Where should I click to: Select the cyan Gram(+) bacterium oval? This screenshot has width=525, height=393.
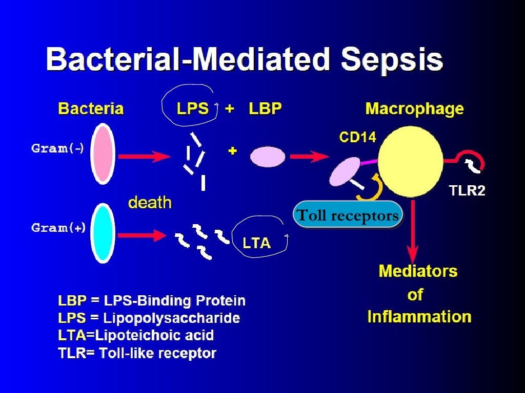pos(103,233)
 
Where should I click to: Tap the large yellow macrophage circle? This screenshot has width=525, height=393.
pos(410,162)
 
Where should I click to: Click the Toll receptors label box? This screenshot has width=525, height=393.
pos(348,215)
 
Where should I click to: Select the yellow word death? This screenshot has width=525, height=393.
pos(149,202)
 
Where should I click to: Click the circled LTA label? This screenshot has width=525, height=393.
pos(256,243)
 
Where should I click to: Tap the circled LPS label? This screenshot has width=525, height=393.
pos(193,109)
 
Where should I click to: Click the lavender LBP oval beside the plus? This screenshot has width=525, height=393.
pos(268,156)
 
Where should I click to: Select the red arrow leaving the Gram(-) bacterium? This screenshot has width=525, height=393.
pos(143,157)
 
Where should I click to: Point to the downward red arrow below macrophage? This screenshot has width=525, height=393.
pos(413,233)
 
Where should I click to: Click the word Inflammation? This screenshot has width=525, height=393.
pos(419,317)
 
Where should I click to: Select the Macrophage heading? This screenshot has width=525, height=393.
pos(414,109)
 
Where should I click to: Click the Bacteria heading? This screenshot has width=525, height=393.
pos(91,109)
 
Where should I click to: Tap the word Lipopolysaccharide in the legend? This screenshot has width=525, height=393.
pos(171,318)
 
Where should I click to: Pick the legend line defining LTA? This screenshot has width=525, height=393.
pos(136,335)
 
